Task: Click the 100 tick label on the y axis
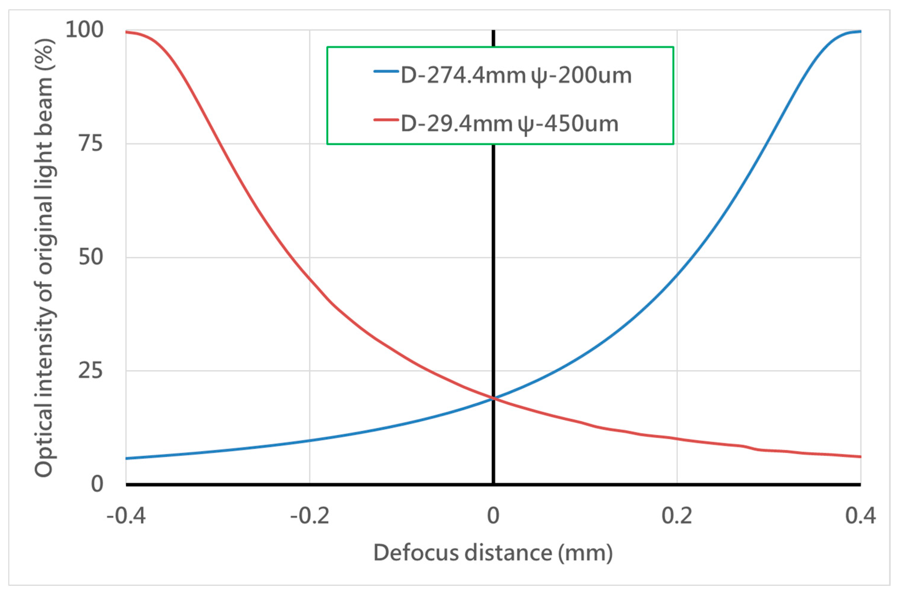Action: [84, 30]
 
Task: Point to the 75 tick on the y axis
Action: [91, 144]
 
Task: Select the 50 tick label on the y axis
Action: [91, 257]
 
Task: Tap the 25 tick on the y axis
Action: [91, 371]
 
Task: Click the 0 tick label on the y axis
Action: [97, 484]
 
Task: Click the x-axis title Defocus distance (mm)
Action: [493, 553]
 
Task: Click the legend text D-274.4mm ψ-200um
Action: [516, 75]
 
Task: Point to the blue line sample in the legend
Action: [386, 71]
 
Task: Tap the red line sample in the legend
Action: [386, 120]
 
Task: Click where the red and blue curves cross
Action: [493, 398]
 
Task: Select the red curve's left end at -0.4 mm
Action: [126, 32]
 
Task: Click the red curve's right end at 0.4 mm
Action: [860, 456]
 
